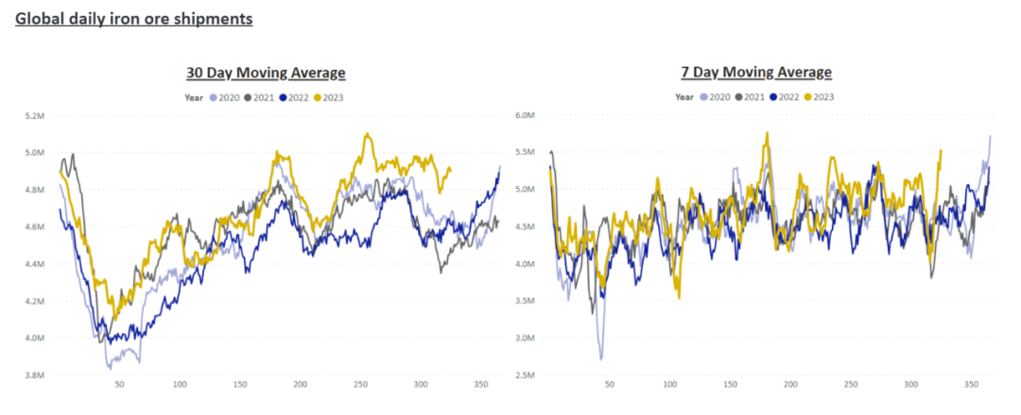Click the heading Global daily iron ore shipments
pyautogui.click(x=134, y=18)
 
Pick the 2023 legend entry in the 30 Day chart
pyautogui.click(x=328, y=96)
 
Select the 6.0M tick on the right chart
pyautogui.click(x=526, y=115)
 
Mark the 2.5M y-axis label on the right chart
pyautogui.click(x=526, y=375)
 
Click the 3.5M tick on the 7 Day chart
pyautogui.click(x=526, y=301)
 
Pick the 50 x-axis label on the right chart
pyautogui.click(x=609, y=385)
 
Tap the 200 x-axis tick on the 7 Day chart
pyautogui.click(x=790, y=385)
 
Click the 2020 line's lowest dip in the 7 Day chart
pyautogui.click(x=601, y=359)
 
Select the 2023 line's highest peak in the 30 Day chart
pyautogui.click(x=366, y=134)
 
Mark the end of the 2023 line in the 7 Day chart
pyautogui.click(x=941, y=149)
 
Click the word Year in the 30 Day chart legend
pyautogui.click(x=194, y=96)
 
